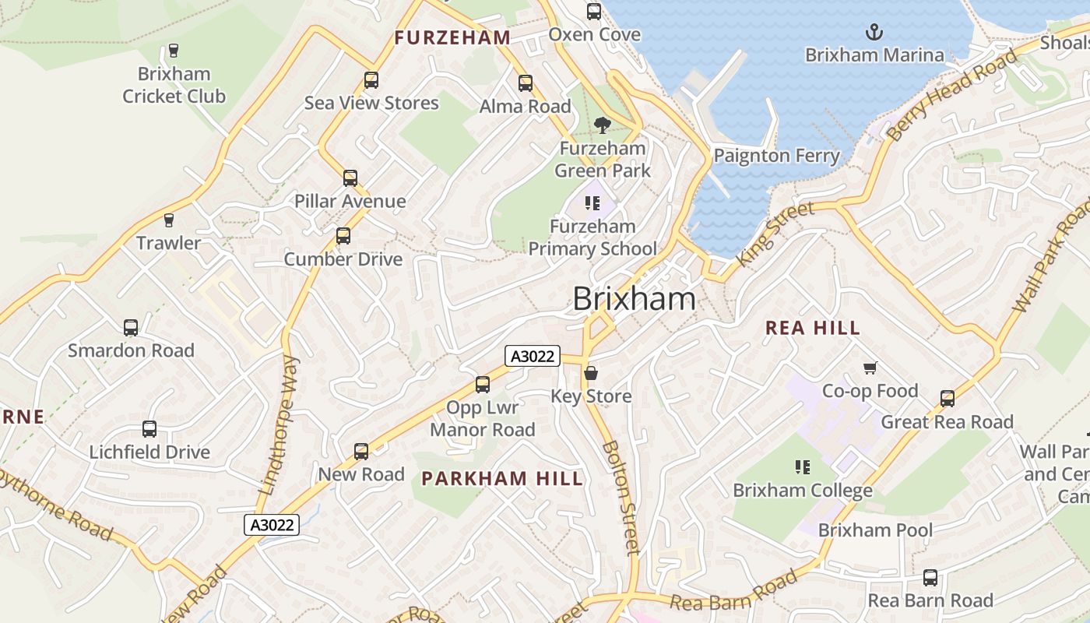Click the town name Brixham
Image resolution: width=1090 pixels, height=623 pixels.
coord(634,299)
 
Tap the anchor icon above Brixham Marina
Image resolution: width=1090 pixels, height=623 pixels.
coord(874,33)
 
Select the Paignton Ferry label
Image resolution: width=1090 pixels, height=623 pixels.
coord(776,156)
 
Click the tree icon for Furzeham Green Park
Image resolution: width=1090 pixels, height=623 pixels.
coord(602,125)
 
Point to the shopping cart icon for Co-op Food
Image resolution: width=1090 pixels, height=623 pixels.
coord(870,368)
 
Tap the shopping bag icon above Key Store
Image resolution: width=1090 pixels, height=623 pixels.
coord(591,373)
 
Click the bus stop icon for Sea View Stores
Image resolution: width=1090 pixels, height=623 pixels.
coord(371,80)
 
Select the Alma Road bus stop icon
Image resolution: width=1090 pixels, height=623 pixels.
coord(526,83)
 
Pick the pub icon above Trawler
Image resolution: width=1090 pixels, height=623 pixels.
coord(169,220)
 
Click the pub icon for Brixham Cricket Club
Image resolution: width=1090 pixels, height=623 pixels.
coord(174,51)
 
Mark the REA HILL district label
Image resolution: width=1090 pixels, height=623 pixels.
coord(813,328)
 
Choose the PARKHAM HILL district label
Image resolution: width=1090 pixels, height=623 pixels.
coord(502,479)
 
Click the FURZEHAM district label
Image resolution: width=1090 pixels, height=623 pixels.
coord(452,37)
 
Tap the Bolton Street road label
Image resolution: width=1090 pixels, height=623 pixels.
coord(621,498)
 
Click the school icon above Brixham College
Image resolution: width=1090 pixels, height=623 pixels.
coord(802,467)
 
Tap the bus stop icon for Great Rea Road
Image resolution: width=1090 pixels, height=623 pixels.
coord(948,399)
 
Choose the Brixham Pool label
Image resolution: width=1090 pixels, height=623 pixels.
coord(875,530)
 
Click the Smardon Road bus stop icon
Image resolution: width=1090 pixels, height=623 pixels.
coord(131,328)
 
